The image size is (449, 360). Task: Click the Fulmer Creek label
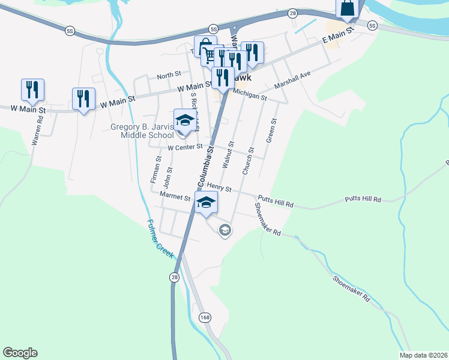(160, 239)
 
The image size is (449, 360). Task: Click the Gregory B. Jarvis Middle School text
(142, 131)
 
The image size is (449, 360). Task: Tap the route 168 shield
(206, 317)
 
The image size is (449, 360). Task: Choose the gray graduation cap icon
(225, 230)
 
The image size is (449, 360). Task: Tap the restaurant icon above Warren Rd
(31, 89)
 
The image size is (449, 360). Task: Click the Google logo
(20, 353)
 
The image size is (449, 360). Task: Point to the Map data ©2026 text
(424, 355)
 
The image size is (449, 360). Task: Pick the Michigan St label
(250, 95)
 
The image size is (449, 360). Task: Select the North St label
(169, 75)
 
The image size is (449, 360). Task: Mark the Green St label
(273, 130)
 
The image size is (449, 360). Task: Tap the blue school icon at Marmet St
(206, 202)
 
